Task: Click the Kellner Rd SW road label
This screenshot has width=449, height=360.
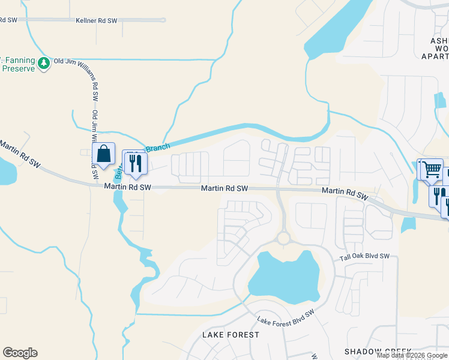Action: [x=96, y=20]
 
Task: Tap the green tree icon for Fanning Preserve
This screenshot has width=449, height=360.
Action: [x=43, y=62]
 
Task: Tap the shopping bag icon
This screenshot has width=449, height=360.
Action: [x=103, y=154]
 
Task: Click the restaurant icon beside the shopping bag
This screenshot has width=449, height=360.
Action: [x=134, y=161]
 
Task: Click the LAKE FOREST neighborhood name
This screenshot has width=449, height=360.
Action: [x=231, y=334]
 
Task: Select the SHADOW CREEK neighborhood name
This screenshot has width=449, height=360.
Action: [x=378, y=351]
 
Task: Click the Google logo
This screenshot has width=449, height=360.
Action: [x=20, y=353]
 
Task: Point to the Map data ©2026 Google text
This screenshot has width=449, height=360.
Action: [x=411, y=355]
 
